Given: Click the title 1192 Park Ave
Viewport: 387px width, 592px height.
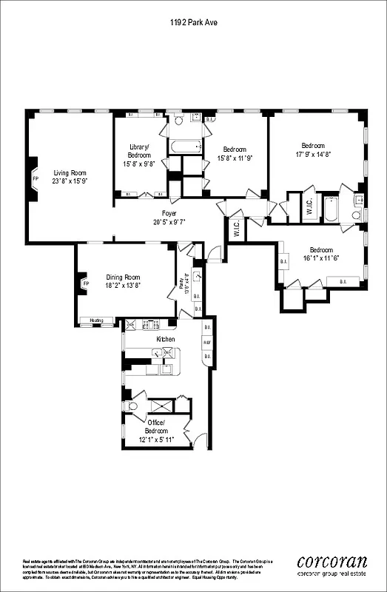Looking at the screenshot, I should coord(192,23).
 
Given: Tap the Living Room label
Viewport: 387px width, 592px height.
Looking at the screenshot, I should coord(70,172).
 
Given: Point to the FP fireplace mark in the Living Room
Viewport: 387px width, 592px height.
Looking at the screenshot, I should coord(35,179).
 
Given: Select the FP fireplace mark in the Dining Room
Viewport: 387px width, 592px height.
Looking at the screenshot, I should coord(85,283).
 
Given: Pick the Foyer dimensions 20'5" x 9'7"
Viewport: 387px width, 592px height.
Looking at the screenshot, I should coord(169,221).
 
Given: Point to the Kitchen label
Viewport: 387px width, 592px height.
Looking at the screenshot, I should coord(166,338).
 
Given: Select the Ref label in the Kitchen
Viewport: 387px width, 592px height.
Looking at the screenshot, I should coord(207,343).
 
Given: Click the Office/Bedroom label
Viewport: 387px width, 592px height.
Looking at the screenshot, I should coord(156,426).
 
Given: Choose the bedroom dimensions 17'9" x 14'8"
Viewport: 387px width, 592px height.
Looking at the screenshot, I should coord(317,154).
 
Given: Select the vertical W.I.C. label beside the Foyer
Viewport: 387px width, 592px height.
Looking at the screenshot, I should coord(235,230).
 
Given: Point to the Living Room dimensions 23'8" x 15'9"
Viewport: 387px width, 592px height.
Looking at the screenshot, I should coord(70,181).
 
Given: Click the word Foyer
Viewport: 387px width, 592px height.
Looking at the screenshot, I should coord(169,212).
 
